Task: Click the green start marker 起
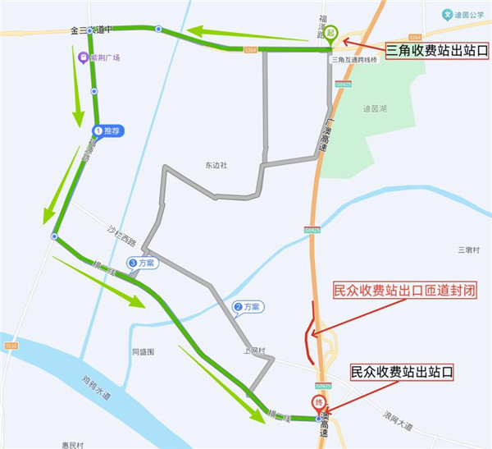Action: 330,33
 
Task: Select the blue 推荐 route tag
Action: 107,131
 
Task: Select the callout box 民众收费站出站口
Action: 402,371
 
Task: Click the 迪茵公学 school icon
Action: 448,14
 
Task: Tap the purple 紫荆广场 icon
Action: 82,58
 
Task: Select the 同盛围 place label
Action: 143,351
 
